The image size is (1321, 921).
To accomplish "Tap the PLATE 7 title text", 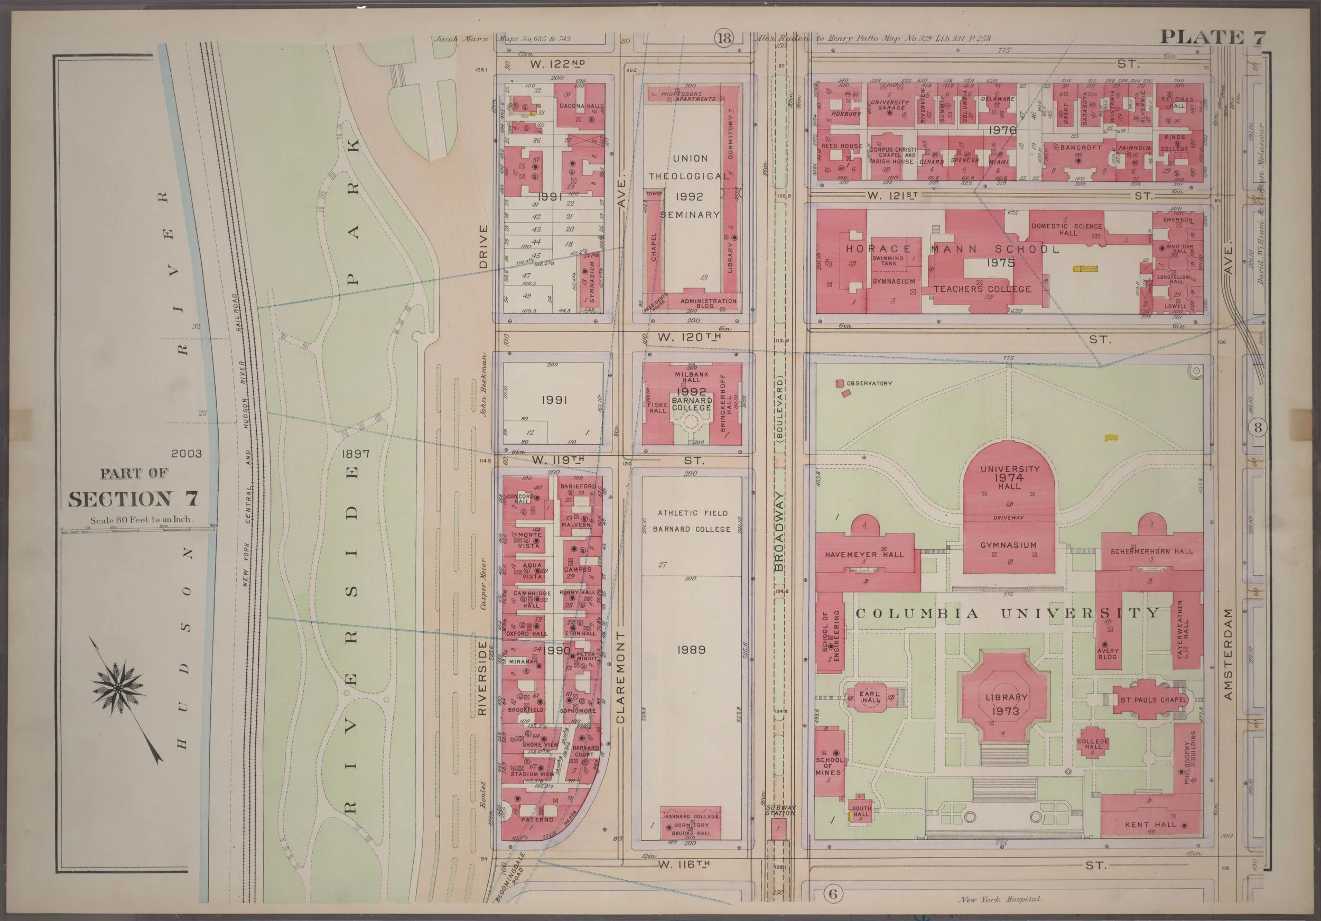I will coord(1212,38).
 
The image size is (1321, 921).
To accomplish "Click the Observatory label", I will coord(869,383).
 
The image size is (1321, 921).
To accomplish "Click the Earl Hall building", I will coord(870,698).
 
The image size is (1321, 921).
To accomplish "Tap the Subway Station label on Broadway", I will coord(780,811).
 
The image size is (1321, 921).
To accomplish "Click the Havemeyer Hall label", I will coord(863,555).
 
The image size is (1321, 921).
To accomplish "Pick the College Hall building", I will coord(1093,745).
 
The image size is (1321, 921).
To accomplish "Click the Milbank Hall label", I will coord(691,377).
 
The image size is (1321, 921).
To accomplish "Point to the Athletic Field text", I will coord(692,513).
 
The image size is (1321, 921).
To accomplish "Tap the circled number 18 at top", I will coord(724,39).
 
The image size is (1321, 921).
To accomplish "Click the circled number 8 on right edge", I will coord(1258,428).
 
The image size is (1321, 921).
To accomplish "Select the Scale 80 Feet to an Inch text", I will coord(141,519).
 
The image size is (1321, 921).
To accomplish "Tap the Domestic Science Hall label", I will coord(1067,229).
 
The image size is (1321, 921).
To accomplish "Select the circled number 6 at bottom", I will coord(833,894).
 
